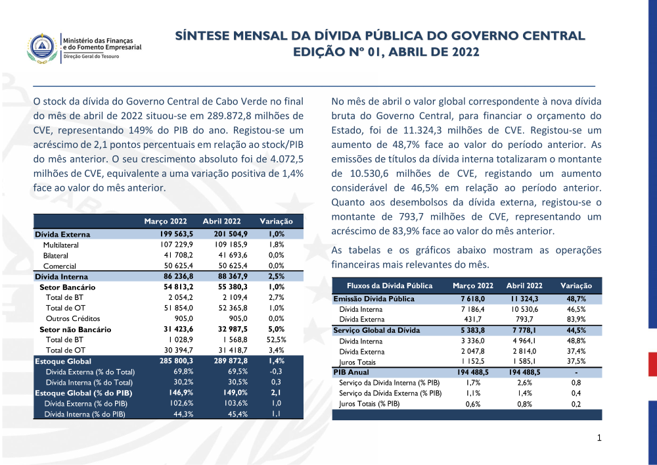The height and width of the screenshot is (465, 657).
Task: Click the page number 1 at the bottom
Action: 599,438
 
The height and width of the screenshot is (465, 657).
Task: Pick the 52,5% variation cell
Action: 276,340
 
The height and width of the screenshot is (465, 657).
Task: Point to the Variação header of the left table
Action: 276,222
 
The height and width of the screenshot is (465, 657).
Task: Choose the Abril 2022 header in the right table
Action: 524,286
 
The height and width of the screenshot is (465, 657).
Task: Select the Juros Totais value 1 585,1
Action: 526,362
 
